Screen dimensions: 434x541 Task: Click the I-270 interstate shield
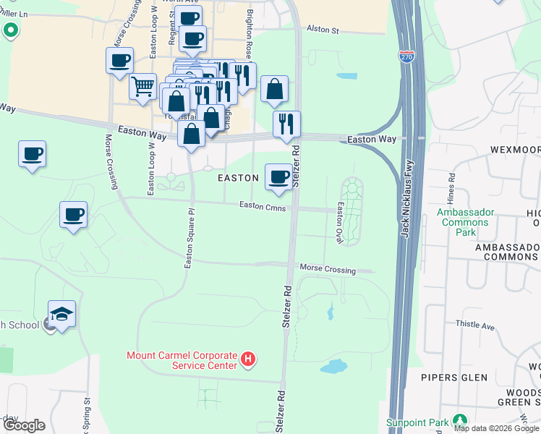[x=409, y=58]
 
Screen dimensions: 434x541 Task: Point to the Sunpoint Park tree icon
[x=459, y=420]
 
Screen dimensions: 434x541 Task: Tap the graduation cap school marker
[x=62, y=315]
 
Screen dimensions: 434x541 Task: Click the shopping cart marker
[x=143, y=87]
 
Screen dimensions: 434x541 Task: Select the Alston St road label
[x=323, y=30]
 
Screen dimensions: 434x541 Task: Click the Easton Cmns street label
[x=263, y=206]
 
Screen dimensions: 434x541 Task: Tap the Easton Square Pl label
[x=188, y=239]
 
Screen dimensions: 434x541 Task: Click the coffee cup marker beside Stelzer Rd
[x=279, y=177]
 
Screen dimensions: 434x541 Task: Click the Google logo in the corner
[x=24, y=425]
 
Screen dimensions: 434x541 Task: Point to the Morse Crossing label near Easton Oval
[x=328, y=269]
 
